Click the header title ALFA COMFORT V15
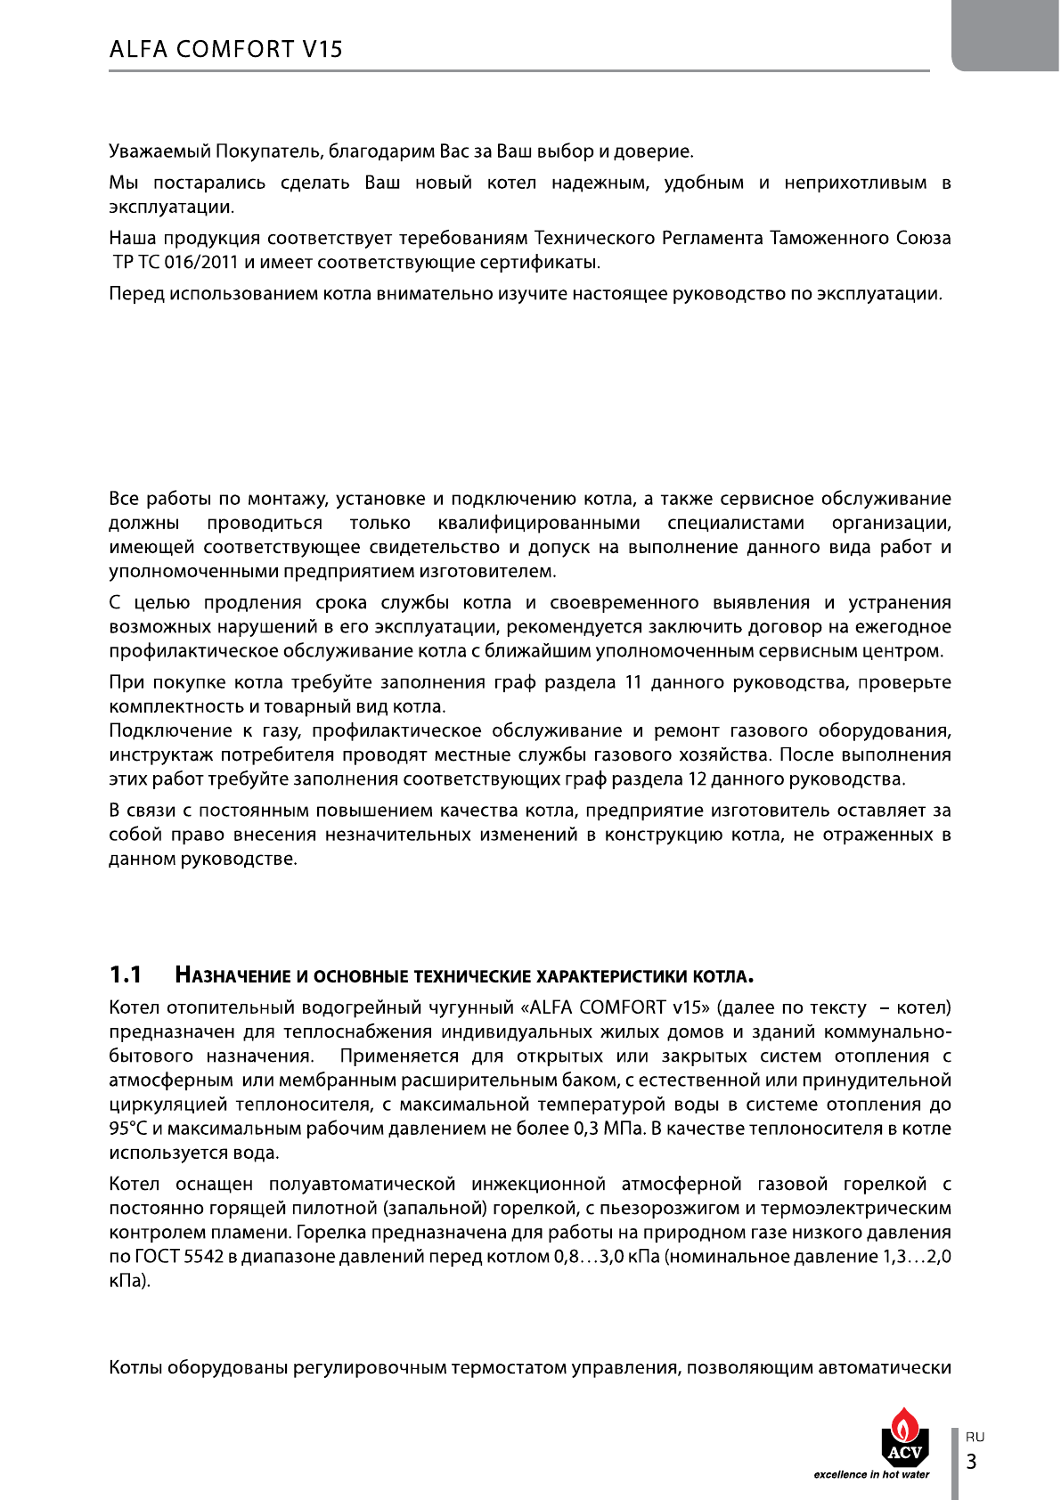pyautogui.click(x=225, y=49)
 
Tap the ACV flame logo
pyautogui.click(x=904, y=1437)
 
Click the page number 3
pyautogui.click(x=972, y=1462)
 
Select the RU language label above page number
pyautogui.click(x=975, y=1437)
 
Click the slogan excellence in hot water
pyautogui.click(x=871, y=1474)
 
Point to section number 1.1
pyautogui.click(x=126, y=975)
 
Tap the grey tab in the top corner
pyautogui.click(x=1006, y=35)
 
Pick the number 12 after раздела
pyautogui.click(x=698, y=779)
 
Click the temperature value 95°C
pyautogui.click(x=127, y=1129)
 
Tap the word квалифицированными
pyautogui.click(x=539, y=524)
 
